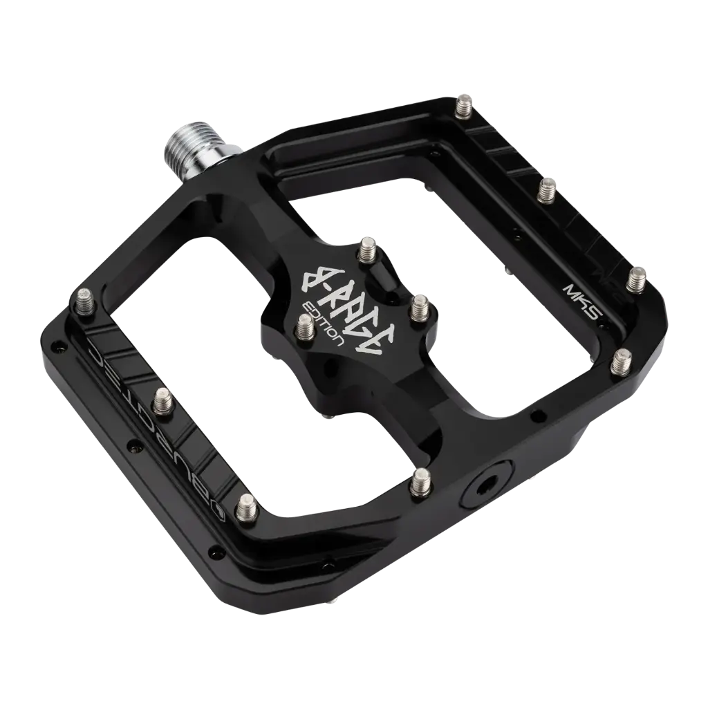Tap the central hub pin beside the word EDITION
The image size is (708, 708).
(305, 326)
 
